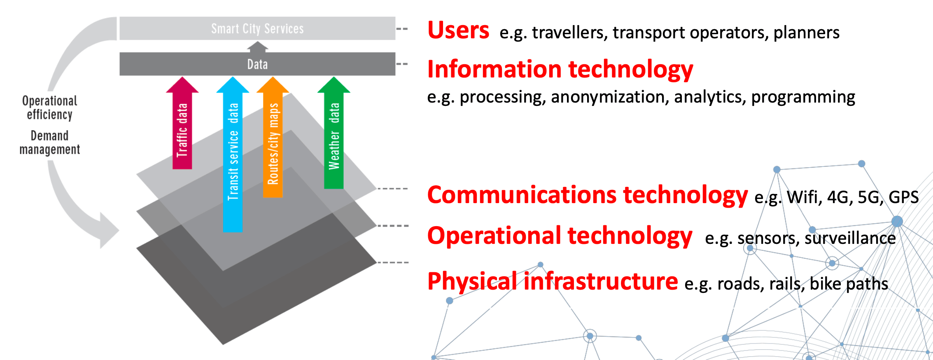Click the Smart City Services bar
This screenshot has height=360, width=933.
pos(257,28)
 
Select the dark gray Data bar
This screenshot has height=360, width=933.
pos(257,64)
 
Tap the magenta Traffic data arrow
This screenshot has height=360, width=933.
pos(182,128)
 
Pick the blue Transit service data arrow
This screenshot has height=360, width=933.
pos(233,157)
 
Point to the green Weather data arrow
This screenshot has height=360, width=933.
pos(334,136)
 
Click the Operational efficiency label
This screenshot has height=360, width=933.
pos(50,108)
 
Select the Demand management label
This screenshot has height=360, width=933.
pos(50,143)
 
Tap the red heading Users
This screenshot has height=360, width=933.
pos(458,30)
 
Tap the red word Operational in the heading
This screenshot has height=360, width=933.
pos(494,236)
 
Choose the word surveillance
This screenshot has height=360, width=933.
pos(850,238)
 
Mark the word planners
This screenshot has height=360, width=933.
pos(806,33)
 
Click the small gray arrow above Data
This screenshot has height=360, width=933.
pos(257,47)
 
